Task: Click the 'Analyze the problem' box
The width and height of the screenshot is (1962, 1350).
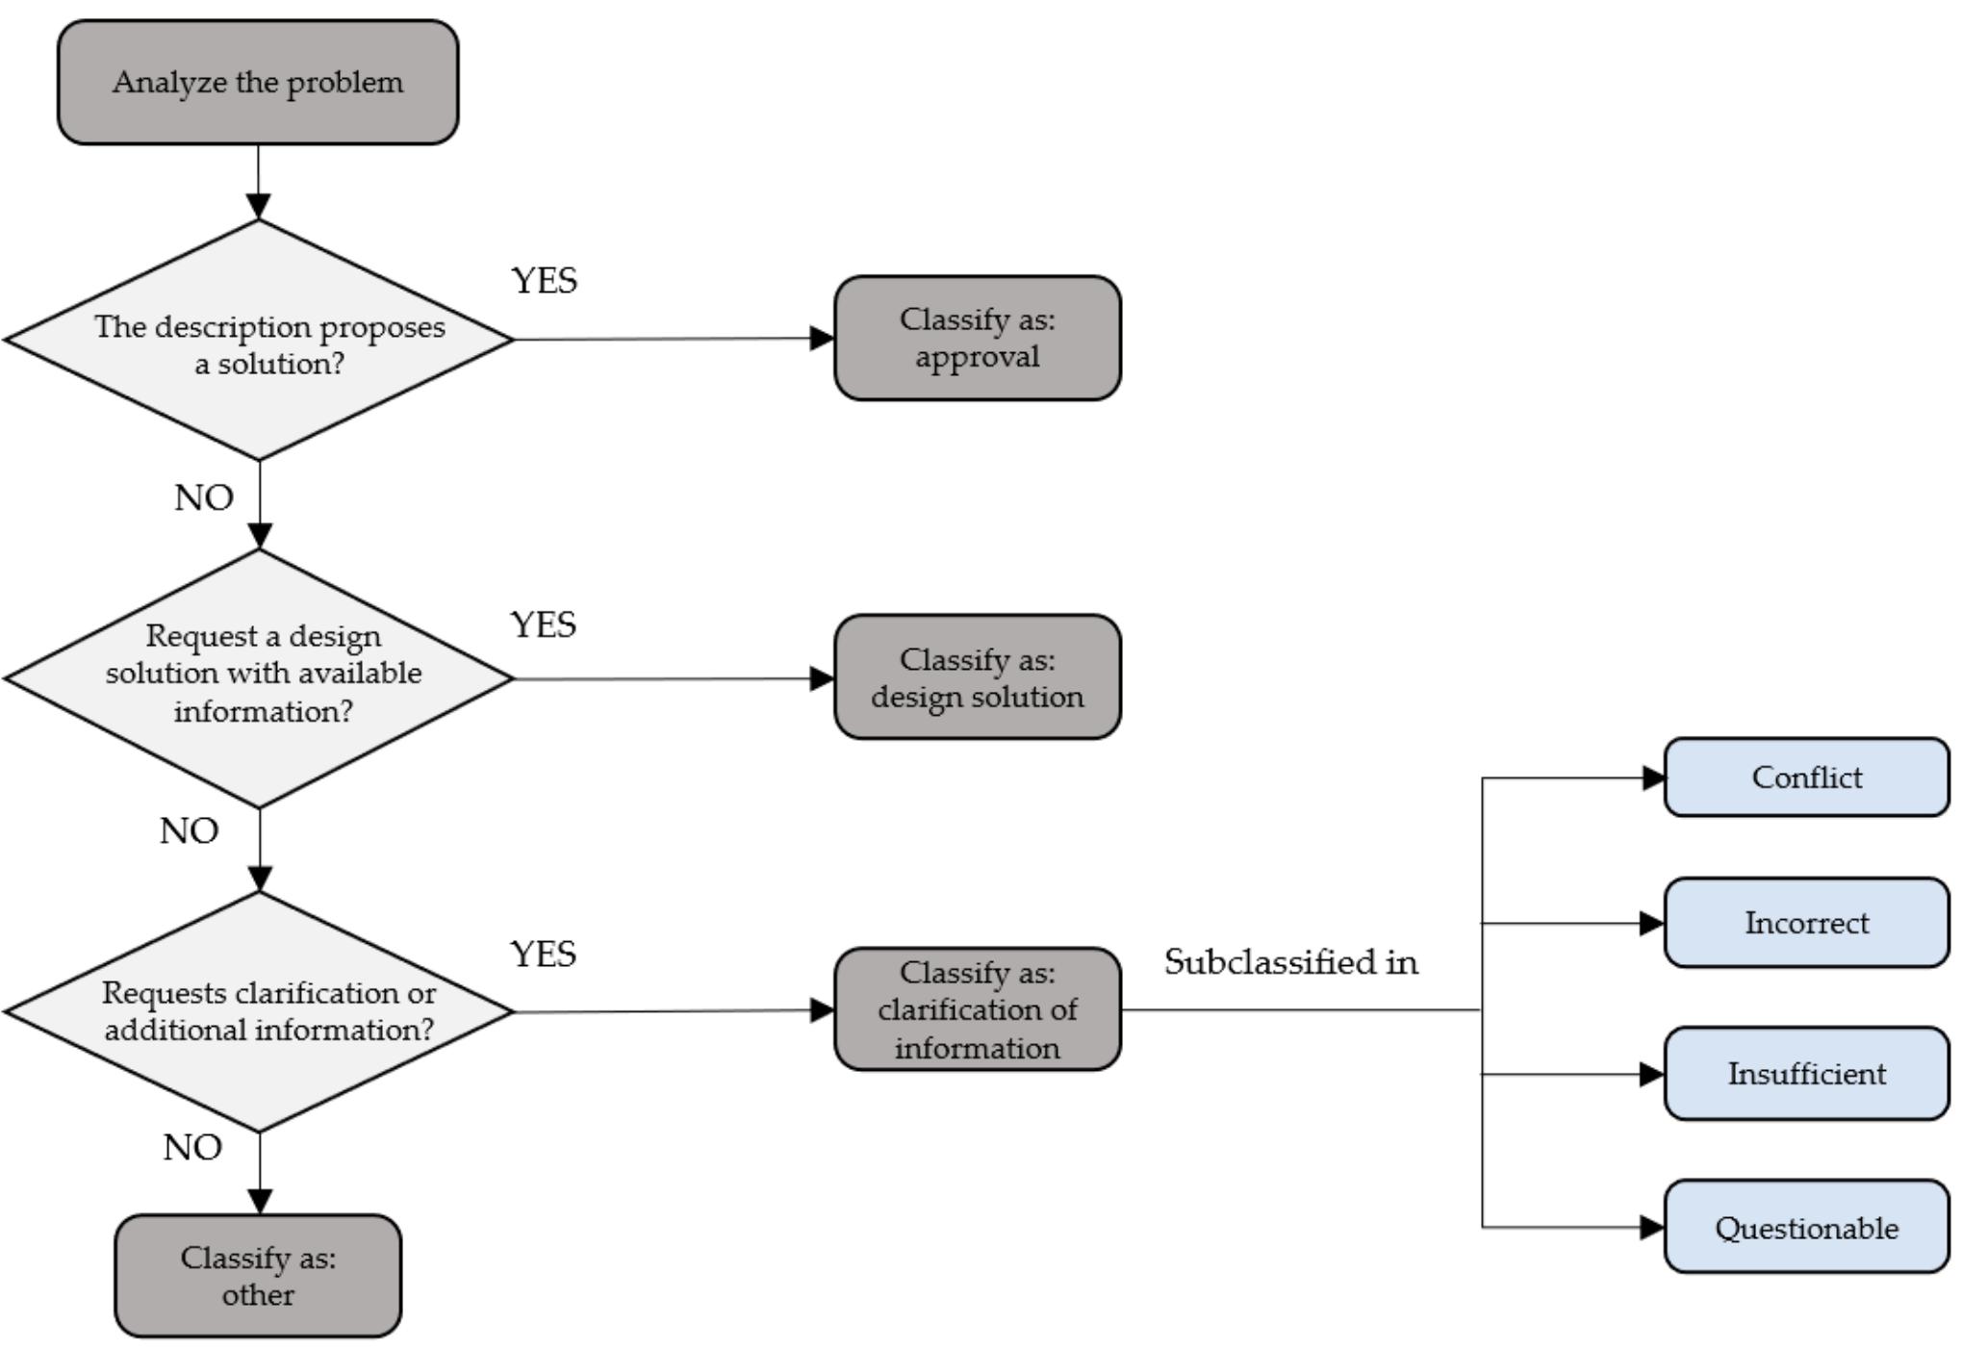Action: (x=258, y=83)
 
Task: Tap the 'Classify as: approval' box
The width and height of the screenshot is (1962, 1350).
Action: (x=977, y=338)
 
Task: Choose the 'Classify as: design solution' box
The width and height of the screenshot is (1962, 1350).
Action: (x=977, y=677)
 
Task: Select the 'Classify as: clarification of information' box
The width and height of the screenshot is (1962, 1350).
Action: (x=977, y=1009)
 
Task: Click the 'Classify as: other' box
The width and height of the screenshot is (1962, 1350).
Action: (x=258, y=1275)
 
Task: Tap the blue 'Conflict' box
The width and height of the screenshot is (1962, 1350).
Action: (x=1806, y=777)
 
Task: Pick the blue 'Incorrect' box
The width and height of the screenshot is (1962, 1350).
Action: (x=1806, y=923)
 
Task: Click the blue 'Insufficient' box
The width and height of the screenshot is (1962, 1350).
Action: (x=1806, y=1074)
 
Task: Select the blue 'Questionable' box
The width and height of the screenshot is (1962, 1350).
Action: (x=1806, y=1228)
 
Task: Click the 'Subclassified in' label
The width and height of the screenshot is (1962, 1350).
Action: (x=1290, y=962)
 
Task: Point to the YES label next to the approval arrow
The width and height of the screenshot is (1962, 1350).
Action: (x=544, y=281)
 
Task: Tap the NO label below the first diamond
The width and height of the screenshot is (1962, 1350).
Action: (x=203, y=498)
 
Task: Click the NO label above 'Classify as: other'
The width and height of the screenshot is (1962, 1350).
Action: (x=192, y=1148)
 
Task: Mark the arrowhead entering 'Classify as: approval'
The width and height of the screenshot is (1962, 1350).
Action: (x=822, y=338)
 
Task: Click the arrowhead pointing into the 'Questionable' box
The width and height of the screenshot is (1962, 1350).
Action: (x=1651, y=1227)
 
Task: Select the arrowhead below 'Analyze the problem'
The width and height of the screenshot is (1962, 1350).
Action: (x=258, y=206)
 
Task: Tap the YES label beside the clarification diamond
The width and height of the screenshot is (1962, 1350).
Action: (x=543, y=955)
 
